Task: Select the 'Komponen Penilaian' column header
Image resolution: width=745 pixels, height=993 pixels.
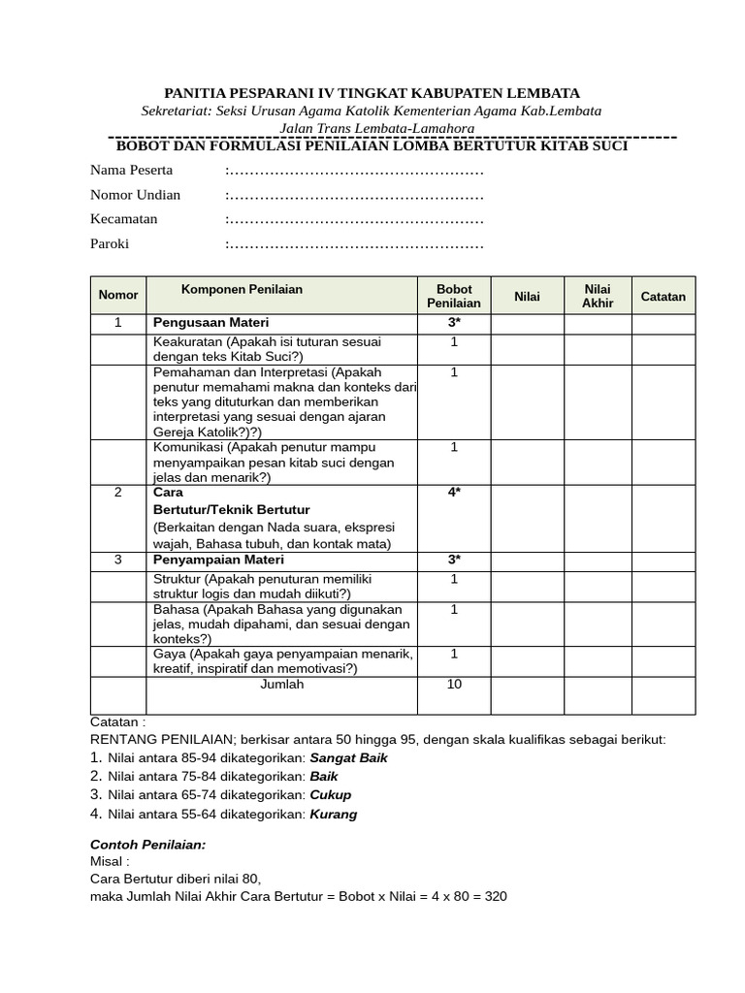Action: (242, 289)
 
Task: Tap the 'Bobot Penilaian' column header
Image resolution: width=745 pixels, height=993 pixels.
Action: (454, 296)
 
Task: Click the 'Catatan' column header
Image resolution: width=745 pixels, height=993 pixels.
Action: (663, 297)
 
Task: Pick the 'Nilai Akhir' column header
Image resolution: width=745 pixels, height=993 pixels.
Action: (598, 296)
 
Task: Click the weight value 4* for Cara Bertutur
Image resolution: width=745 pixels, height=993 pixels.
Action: (454, 493)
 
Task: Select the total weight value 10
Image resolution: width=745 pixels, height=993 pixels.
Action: (454, 685)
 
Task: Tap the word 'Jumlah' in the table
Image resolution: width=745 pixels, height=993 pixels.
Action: (282, 685)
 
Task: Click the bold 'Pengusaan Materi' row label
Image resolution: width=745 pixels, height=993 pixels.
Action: (211, 322)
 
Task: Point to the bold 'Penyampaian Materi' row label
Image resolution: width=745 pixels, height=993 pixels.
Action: (218, 560)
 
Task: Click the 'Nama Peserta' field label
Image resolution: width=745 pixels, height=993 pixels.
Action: (131, 171)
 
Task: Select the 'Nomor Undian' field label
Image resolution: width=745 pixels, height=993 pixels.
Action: (135, 195)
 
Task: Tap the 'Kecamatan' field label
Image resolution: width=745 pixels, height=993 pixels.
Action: (123, 219)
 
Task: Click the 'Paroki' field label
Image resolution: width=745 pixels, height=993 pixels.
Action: (110, 243)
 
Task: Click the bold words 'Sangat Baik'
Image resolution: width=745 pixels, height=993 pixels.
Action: (348, 757)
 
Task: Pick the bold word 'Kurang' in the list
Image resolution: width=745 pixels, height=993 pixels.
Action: (333, 815)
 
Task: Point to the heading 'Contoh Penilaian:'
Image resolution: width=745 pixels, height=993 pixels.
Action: (147, 845)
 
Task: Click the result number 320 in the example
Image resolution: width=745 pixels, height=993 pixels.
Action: (495, 896)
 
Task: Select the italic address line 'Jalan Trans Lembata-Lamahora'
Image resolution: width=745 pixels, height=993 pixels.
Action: (376, 128)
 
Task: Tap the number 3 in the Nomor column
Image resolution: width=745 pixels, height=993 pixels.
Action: (118, 560)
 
